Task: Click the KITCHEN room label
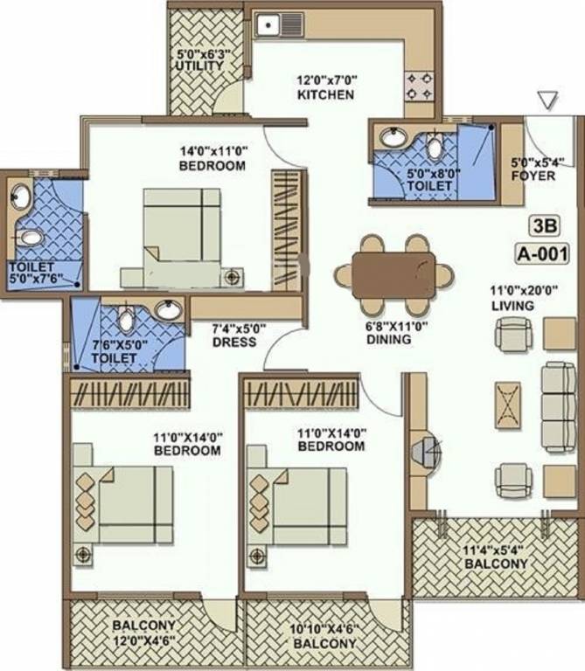325,94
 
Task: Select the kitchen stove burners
418,85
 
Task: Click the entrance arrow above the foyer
547,100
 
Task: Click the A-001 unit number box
542,255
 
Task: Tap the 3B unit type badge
542,226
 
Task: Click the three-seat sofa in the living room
558,406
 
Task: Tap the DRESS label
233,342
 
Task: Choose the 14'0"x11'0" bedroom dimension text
212,150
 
